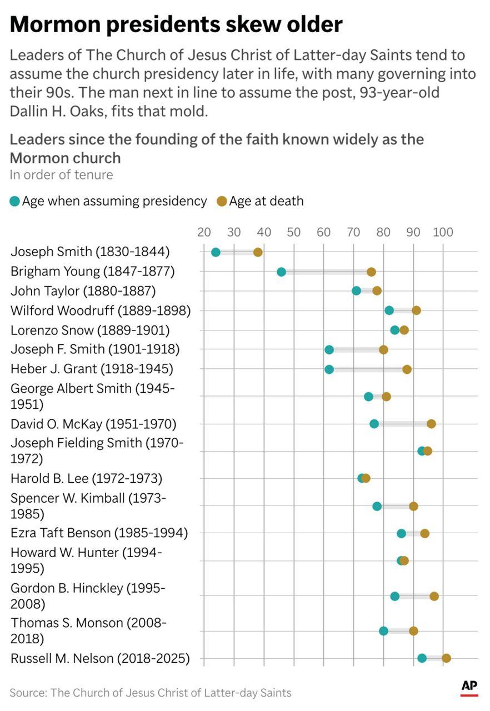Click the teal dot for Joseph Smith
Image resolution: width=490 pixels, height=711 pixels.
[216, 252]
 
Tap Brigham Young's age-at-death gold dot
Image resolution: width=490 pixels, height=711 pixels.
[371, 272]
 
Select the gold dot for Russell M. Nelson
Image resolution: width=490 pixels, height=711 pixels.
[446, 658]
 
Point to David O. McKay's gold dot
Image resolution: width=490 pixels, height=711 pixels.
[431, 424]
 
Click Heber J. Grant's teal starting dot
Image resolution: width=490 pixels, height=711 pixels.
[329, 369]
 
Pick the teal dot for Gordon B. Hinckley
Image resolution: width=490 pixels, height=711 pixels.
[394, 596]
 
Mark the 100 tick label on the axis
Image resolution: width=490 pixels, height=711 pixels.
[442, 232]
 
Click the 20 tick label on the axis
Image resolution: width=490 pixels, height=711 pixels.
[204, 232]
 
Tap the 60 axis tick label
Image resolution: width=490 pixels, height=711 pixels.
[323, 232]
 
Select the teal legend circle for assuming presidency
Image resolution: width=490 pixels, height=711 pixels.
[15, 201]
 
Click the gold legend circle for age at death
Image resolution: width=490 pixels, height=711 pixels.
[222, 201]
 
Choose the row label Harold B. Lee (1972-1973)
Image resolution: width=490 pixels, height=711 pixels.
[86, 478]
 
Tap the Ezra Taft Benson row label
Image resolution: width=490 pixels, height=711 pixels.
[99, 533]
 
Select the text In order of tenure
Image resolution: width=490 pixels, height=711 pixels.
[61, 175]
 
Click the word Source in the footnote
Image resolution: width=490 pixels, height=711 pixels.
[27, 693]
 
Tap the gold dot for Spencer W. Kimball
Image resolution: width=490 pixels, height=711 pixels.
[413, 506]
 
